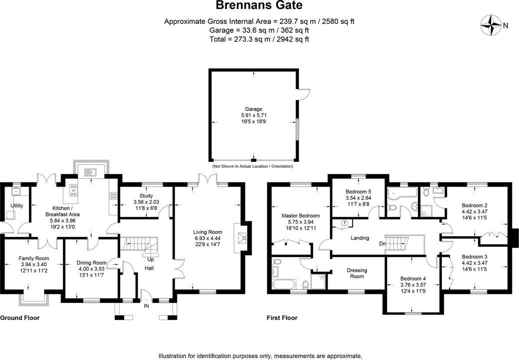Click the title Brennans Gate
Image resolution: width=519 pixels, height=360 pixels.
pos(259,6)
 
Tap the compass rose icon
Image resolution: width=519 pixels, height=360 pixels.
pos(491,24)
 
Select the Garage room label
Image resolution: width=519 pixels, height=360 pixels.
pos(253,109)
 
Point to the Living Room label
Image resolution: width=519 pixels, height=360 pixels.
pos(208,232)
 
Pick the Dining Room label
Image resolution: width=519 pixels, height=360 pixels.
pos(91,263)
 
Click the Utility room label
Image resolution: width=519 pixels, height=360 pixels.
pos(17,205)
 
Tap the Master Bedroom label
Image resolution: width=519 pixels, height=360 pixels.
pos(300,215)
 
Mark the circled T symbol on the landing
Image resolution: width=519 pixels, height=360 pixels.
pos(345,222)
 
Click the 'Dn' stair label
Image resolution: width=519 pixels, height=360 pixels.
pos(382,244)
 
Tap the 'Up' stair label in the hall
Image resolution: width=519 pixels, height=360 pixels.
pos(150,259)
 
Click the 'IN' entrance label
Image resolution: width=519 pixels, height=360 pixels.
pos(146,305)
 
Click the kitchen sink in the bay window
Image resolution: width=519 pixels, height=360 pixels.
pos(91,172)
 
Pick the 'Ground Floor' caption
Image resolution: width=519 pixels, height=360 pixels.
pos(19,318)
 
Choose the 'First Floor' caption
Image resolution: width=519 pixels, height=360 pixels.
pos(282,318)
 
